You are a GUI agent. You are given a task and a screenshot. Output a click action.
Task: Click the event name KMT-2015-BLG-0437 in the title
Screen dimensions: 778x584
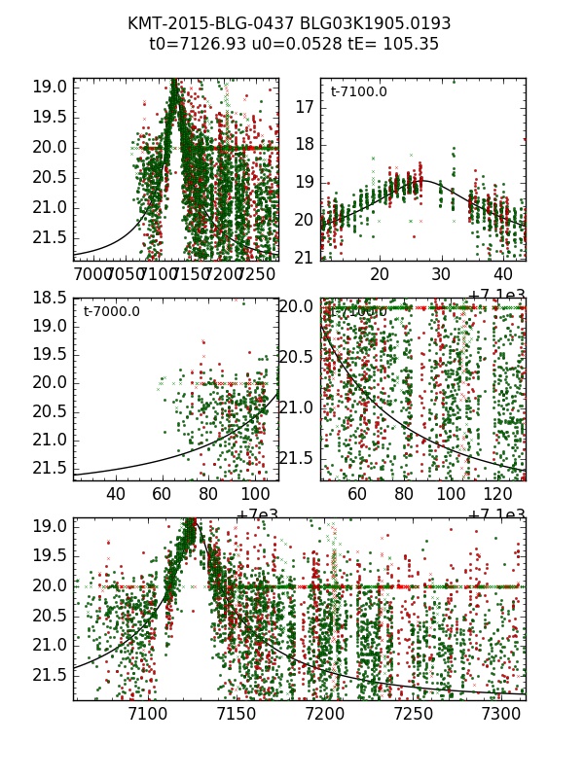click(200, 23)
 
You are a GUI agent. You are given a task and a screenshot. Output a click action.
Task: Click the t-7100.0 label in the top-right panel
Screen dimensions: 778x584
click(358, 92)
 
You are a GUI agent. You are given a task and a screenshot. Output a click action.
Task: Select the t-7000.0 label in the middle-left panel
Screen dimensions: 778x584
click(111, 312)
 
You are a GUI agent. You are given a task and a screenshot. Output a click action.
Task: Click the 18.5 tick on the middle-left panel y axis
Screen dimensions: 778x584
click(48, 298)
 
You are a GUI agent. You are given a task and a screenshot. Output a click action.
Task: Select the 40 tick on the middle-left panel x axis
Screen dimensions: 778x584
click(116, 495)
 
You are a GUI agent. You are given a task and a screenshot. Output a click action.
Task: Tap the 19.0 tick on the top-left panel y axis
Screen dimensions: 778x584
click(48, 88)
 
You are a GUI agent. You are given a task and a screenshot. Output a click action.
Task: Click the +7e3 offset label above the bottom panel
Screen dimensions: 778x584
click(256, 515)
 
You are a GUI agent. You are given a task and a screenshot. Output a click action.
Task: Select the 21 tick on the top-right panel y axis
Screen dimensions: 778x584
click(305, 258)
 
